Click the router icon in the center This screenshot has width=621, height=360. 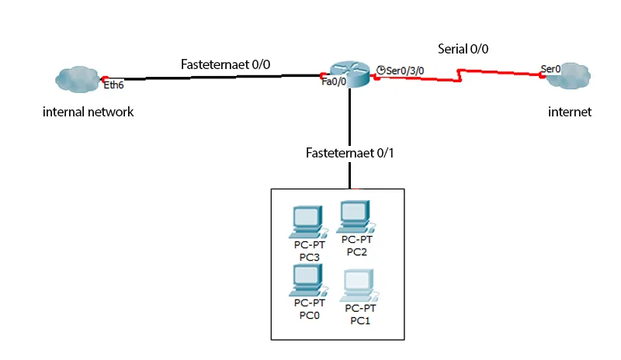coord(350,74)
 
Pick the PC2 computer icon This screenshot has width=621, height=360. coord(356,215)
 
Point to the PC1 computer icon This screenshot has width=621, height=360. coord(359,285)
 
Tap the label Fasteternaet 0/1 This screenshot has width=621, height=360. coord(350,152)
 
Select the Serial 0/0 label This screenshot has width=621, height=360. coord(463,48)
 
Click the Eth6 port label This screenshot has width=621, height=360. coord(113,85)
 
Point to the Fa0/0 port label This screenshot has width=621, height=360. coord(333,81)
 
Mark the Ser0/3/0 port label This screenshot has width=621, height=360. coord(405,71)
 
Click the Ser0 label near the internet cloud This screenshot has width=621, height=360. coord(550,69)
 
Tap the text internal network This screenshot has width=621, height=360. coord(88,112)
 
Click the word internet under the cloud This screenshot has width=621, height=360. coord(569,112)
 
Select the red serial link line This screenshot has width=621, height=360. coord(497,73)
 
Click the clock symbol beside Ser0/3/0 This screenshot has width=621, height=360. coord(380,70)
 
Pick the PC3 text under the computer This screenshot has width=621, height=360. coord(307,257)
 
